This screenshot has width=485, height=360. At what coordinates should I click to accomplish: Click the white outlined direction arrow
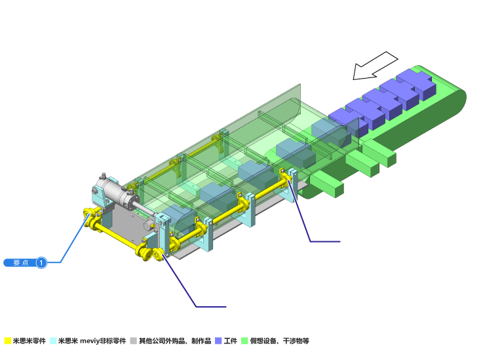(374, 66)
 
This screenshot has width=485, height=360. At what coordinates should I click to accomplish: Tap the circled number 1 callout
(41, 263)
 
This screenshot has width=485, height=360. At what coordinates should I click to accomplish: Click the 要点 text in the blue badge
(21, 263)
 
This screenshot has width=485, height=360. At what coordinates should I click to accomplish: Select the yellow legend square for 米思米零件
(8, 341)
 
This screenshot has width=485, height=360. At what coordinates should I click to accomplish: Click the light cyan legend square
(53, 341)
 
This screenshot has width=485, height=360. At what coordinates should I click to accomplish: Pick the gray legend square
(133, 341)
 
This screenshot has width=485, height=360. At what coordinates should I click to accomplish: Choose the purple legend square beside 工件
(218, 341)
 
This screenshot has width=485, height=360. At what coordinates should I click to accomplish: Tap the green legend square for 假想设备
(244, 341)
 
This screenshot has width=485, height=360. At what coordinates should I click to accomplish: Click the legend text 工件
(231, 341)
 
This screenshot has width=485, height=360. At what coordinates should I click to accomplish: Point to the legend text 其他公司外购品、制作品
(175, 341)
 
